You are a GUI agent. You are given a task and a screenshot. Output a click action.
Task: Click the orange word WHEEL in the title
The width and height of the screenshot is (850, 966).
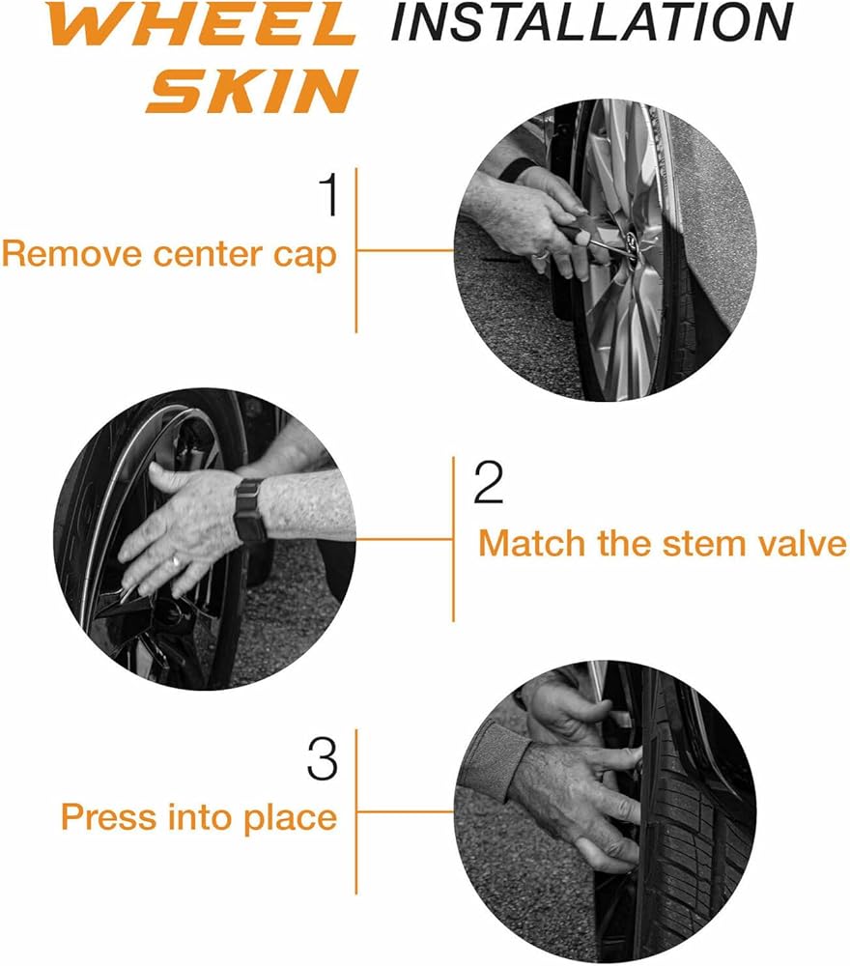[x=202, y=25]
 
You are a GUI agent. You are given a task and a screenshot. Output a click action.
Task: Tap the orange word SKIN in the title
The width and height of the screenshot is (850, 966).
[x=251, y=91]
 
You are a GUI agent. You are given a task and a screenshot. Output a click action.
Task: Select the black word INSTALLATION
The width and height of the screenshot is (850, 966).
[x=592, y=22]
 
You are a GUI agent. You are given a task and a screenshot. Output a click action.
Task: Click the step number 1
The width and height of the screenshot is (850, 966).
[x=330, y=194]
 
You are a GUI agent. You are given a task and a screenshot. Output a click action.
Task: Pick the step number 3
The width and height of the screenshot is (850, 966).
[x=323, y=759]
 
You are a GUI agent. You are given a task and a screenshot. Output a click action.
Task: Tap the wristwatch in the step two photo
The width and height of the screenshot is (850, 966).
[x=250, y=511]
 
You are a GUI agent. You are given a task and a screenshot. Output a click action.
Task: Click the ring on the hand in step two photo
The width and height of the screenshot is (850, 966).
[x=176, y=561]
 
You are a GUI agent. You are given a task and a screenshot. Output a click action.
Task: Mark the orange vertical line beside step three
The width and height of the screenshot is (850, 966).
[x=356, y=812]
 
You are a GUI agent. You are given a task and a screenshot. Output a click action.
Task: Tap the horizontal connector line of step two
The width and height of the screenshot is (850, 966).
[x=405, y=540]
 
